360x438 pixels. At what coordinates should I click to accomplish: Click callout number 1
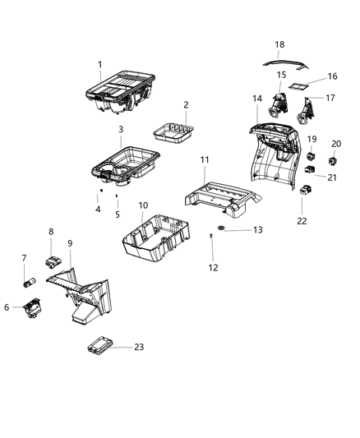[100, 64]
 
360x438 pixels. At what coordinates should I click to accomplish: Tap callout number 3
[121, 130]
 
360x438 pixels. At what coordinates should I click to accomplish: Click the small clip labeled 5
[118, 196]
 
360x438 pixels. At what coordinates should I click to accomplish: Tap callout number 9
[70, 243]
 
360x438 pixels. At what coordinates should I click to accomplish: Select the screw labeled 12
[211, 237]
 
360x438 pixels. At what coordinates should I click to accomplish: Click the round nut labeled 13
[221, 227]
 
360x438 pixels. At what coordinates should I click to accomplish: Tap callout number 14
[257, 99]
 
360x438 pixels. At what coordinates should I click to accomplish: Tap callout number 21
[332, 178]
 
